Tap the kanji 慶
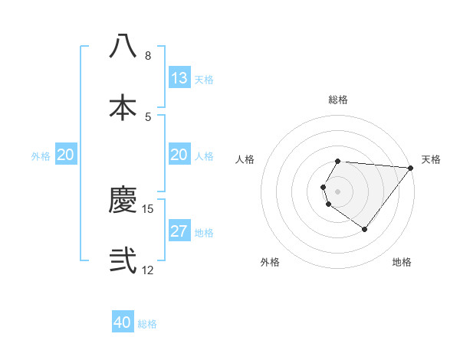(x=123, y=201)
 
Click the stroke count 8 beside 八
(x=147, y=56)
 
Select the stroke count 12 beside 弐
(x=148, y=270)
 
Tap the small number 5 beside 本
(x=147, y=116)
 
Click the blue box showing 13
(x=179, y=78)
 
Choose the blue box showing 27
(x=179, y=231)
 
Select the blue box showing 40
(x=123, y=322)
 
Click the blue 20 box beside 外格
(x=66, y=155)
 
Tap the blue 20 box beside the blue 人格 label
(x=179, y=155)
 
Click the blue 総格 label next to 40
(x=147, y=324)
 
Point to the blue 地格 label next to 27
(x=204, y=233)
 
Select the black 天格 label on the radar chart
(x=432, y=159)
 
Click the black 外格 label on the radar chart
(x=270, y=262)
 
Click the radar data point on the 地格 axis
(x=364, y=229)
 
